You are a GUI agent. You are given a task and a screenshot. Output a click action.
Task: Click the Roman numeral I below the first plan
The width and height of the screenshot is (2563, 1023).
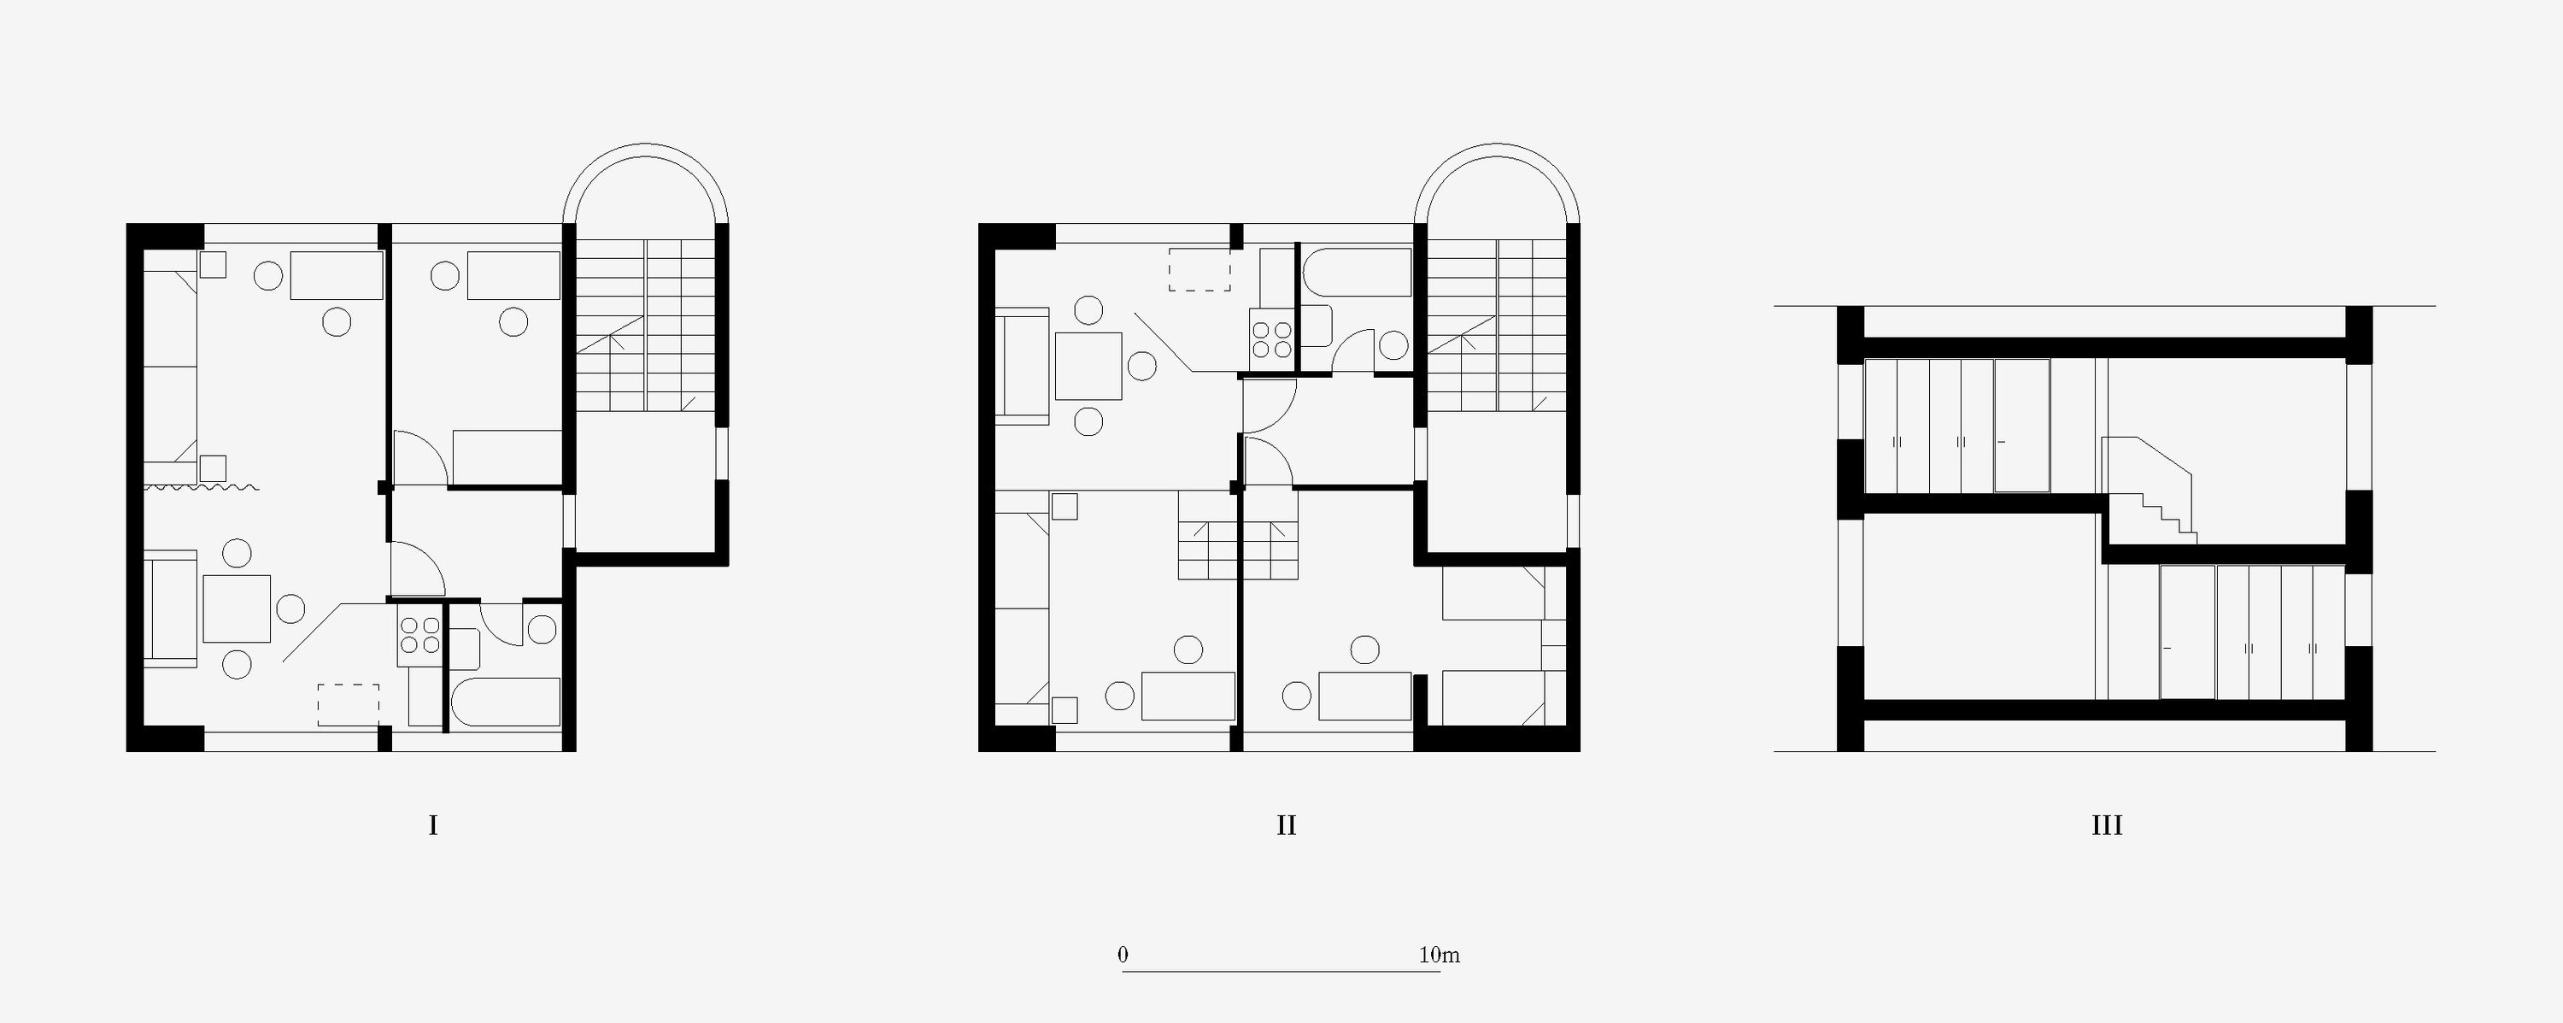point(433,825)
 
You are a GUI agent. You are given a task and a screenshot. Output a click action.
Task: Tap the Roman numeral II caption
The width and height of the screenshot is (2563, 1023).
point(1286,825)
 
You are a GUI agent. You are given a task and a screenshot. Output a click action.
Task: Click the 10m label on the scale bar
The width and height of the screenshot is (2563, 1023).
point(1439,955)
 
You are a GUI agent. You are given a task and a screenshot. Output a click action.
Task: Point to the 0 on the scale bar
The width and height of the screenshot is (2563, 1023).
point(1123,955)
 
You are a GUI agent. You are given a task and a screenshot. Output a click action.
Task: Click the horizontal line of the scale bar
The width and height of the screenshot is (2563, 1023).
point(1281,971)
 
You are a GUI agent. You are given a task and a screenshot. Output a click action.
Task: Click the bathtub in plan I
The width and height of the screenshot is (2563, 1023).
point(507,703)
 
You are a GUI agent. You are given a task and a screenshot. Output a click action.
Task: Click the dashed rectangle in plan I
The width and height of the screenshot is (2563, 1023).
point(349,704)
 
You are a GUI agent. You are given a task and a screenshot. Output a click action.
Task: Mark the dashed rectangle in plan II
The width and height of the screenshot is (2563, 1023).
point(1200,270)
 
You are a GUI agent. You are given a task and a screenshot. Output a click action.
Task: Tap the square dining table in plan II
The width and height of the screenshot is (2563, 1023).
point(1088,365)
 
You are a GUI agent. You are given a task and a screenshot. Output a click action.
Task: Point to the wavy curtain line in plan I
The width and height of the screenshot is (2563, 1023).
point(202,488)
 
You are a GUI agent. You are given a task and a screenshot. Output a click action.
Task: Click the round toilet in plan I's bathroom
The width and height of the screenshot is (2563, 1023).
point(543,630)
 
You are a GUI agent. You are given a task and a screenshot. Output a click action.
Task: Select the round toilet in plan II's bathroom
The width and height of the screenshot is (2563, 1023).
point(1394,345)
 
